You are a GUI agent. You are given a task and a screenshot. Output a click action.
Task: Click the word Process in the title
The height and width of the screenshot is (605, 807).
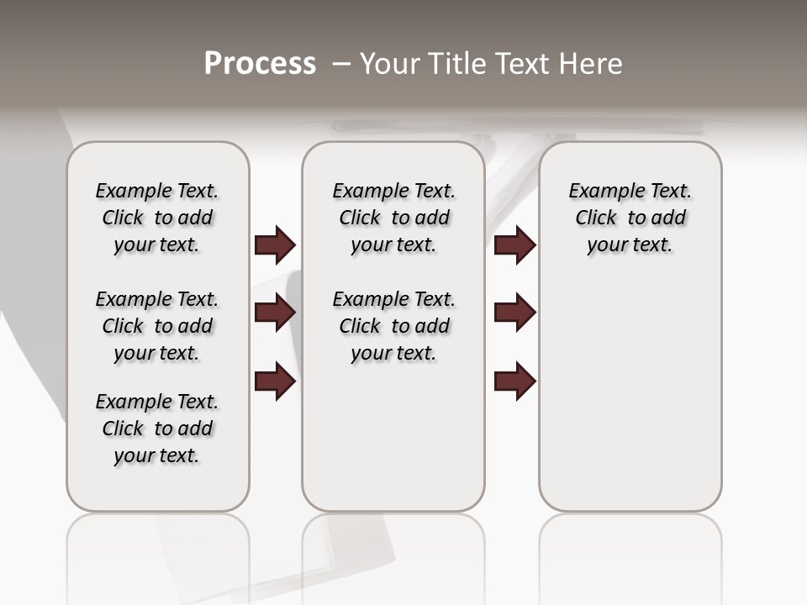[260, 64]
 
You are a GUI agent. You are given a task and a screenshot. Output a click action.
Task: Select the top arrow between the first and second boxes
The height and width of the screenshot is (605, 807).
[275, 245]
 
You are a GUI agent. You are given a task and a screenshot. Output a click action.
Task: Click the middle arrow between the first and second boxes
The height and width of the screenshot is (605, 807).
[275, 313]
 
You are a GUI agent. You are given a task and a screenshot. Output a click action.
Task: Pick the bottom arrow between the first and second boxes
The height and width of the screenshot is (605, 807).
[275, 381]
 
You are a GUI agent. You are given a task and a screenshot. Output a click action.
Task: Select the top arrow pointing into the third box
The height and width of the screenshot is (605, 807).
[514, 245]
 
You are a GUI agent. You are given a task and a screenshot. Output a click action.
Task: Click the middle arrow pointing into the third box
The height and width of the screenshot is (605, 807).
[514, 313]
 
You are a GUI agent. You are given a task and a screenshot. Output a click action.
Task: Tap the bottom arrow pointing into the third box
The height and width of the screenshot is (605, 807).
[514, 381]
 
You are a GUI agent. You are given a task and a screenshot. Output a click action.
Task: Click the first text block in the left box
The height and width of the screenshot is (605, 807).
[157, 218]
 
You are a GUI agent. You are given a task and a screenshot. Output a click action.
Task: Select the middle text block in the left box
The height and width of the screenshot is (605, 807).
[157, 326]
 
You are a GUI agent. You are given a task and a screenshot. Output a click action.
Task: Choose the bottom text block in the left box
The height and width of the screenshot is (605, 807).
[157, 429]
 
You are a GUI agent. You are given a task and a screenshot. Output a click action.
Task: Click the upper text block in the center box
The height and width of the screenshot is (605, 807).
[393, 218]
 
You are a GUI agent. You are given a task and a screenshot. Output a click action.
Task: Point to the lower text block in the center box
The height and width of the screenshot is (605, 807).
[393, 326]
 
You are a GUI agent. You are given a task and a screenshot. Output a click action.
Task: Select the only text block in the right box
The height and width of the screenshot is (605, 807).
[630, 218]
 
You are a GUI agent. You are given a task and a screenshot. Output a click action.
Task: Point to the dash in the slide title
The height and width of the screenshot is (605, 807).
[341, 64]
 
